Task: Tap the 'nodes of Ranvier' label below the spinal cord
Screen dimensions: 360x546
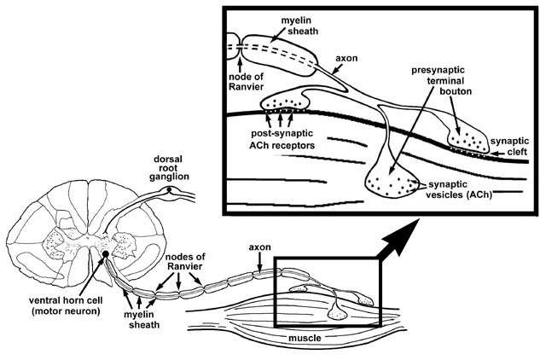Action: (183, 264)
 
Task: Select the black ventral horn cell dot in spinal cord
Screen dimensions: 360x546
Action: (104, 253)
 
